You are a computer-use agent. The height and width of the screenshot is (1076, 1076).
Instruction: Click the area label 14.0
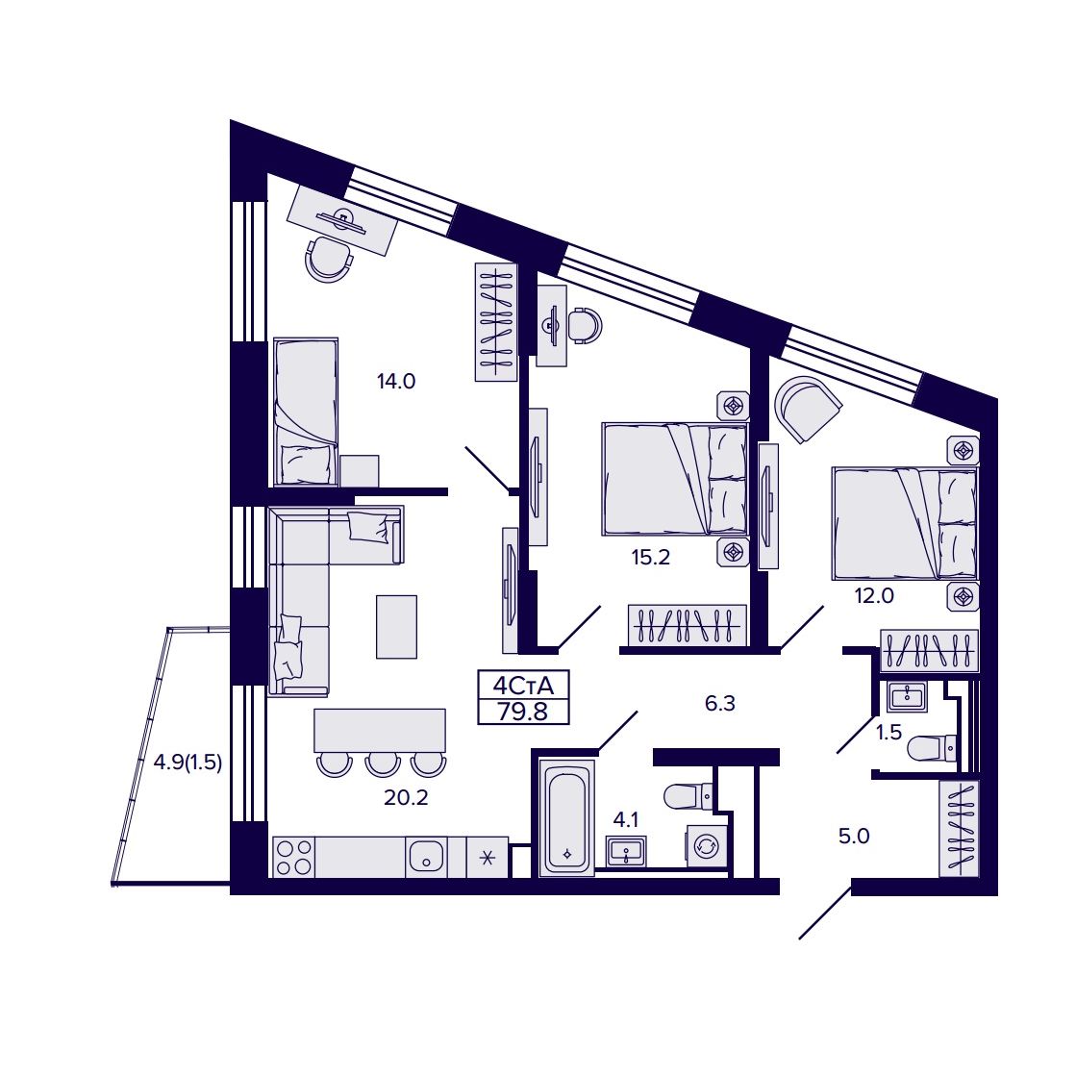[x=396, y=381]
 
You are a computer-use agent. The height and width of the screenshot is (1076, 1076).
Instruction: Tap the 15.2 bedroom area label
[x=651, y=557]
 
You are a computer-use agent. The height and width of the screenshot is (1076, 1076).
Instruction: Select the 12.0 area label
[x=874, y=595]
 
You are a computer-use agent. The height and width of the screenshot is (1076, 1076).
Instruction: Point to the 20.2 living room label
[x=406, y=797]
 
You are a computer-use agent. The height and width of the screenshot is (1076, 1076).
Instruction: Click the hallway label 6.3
[x=720, y=703]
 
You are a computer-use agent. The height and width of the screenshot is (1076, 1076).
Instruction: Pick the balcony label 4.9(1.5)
[x=188, y=763]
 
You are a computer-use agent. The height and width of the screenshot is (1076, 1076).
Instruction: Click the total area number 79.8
[x=523, y=712]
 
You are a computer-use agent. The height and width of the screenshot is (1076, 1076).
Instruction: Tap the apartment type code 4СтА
[x=523, y=686]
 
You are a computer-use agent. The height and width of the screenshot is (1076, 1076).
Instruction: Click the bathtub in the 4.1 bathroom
[x=566, y=817]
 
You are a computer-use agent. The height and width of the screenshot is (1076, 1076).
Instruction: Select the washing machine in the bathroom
[x=706, y=847]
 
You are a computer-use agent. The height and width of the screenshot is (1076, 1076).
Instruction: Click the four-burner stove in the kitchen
[x=293, y=857]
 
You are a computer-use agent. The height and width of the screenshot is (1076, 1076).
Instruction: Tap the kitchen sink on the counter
[x=426, y=857]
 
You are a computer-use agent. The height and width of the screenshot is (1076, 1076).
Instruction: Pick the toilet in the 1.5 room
[x=932, y=748]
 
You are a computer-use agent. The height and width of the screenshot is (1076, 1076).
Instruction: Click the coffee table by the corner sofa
[x=396, y=627]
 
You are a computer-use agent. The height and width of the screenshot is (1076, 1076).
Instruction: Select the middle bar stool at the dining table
[x=383, y=764]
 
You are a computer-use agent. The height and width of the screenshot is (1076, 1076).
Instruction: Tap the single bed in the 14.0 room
[x=306, y=412]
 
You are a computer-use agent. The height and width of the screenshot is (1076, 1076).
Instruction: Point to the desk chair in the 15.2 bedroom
[x=586, y=325]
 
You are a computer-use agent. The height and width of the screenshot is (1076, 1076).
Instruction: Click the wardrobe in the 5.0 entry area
[x=959, y=828]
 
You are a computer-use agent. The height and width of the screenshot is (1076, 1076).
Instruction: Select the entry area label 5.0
[x=854, y=836]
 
